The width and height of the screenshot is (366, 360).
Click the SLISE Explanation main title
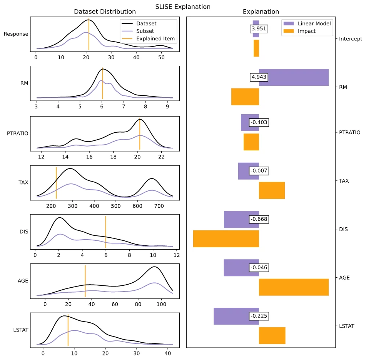coord(183,7)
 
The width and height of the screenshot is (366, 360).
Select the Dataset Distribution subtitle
coord(105,12)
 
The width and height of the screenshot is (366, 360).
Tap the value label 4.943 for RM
coord(259,77)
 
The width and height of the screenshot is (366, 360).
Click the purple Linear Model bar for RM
coord(294,77)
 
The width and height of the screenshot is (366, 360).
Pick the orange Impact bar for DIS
coord(226,238)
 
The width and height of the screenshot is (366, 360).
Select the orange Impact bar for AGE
coord(294,287)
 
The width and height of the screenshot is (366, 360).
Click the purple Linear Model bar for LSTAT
coord(236,316)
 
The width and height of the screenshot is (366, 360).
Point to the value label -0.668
coord(259,219)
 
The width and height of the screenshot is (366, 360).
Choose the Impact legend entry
coord(307,31)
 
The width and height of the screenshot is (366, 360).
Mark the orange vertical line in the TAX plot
coord(56,183)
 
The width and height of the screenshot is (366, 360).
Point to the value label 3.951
coord(259,29)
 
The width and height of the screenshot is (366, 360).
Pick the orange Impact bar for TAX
coord(272,190)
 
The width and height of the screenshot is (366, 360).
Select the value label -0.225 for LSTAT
coord(259,316)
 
